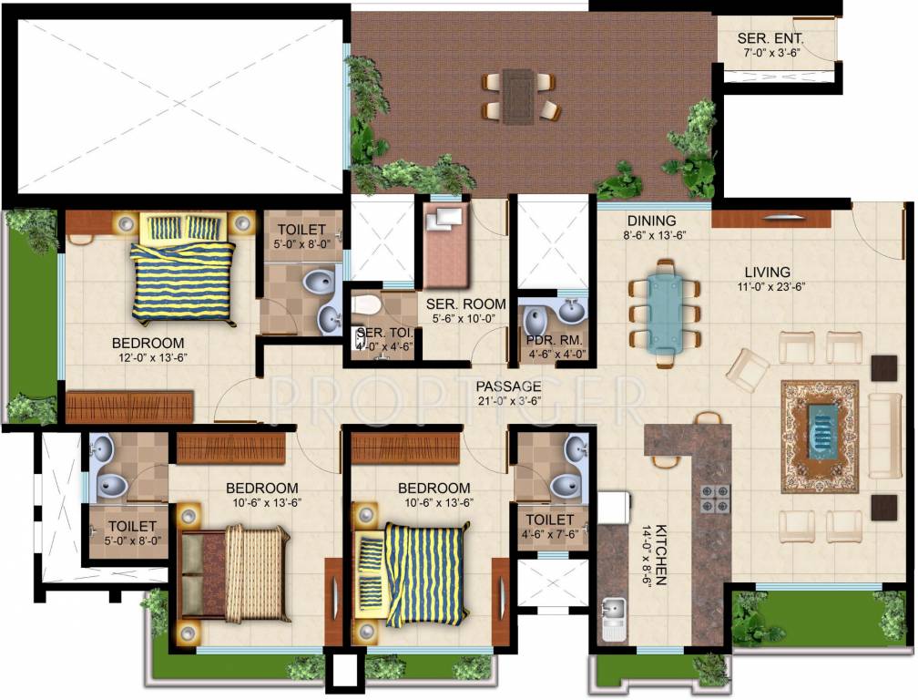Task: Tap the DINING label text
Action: coord(651,221)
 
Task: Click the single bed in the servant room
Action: coord(444,246)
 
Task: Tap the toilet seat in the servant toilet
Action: coord(367,304)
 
